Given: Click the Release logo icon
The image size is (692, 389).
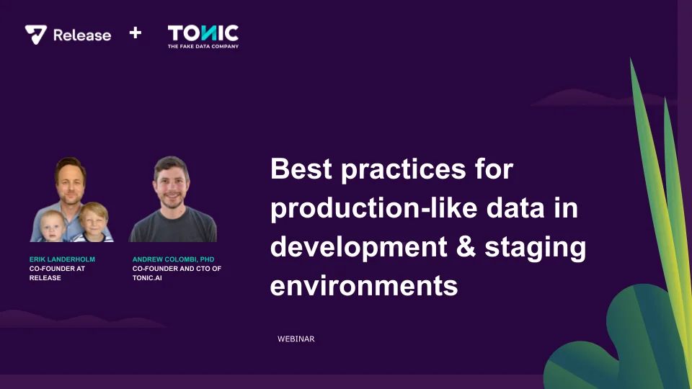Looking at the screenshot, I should (x=36, y=35).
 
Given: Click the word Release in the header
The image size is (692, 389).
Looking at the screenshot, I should (x=82, y=35).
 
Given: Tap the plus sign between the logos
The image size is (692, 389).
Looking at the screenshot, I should (x=135, y=33).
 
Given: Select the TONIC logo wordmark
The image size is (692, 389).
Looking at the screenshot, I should (x=203, y=32).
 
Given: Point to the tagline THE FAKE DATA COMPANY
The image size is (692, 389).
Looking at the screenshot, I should (x=203, y=46).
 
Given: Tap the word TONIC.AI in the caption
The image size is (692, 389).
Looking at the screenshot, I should (x=147, y=278).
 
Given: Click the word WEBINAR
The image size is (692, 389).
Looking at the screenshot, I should (x=296, y=339).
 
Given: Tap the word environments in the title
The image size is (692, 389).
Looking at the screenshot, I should (x=364, y=285).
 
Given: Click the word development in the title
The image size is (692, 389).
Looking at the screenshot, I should (x=358, y=247).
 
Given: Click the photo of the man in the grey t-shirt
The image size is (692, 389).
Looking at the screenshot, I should (x=172, y=200).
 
